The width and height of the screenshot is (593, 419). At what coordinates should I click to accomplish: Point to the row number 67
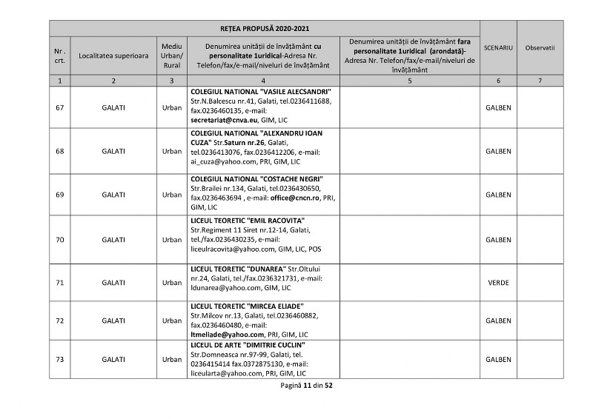click(x=59, y=107)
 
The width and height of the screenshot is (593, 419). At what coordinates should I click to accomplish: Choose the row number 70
click(x=59, y=240)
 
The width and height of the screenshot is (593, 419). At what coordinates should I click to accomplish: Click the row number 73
click(x=59, y=359)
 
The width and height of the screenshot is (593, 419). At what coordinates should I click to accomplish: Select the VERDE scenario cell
click(x=498, y=283)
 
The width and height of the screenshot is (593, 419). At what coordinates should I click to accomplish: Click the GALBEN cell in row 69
click(x=498, y=195)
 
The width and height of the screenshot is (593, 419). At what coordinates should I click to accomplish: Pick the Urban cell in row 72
click(x=171, y=321)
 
